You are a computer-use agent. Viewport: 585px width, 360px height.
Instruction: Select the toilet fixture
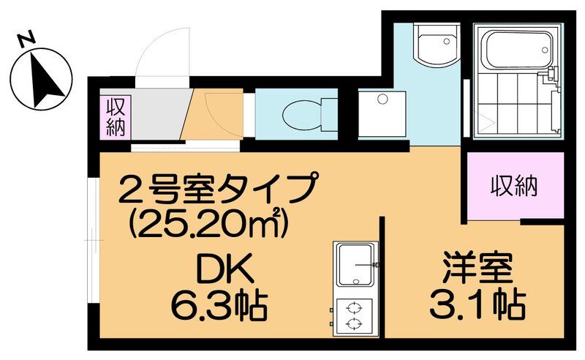301,114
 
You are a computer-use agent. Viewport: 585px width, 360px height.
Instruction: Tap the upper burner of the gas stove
353,307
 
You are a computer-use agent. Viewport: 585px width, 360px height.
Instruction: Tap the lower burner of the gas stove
353,323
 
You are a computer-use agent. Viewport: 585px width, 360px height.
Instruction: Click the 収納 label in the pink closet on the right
514,186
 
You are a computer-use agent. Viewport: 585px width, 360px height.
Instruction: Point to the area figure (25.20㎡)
204,220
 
